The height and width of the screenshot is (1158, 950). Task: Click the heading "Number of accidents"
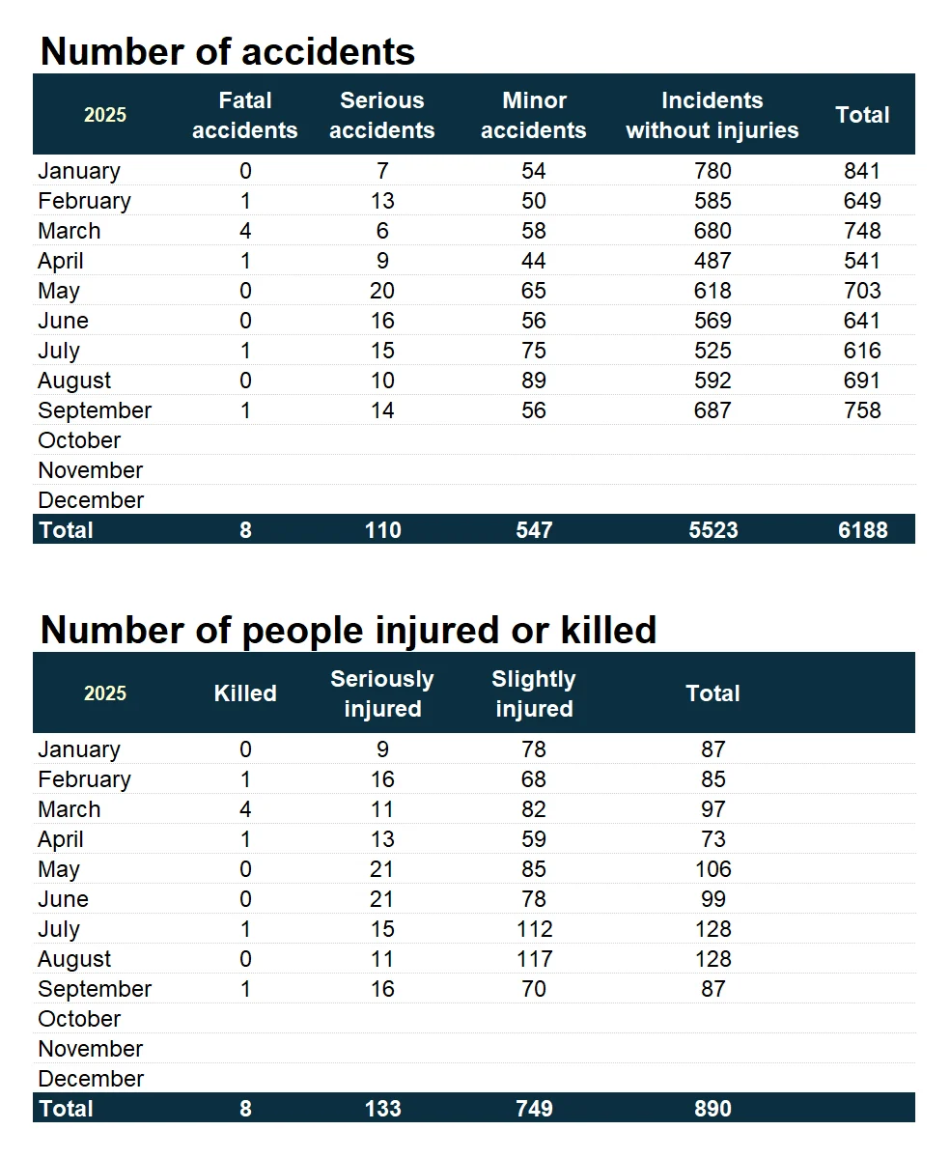coord(228,51)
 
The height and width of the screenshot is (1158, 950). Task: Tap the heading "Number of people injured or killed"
coord(349,630)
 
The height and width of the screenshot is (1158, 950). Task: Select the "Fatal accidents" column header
coord(245,115)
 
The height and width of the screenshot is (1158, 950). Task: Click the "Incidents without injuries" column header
coord(712,115)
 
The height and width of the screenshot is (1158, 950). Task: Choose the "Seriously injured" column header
coord(382,693)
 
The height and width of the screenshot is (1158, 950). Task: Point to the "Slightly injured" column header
coord(534,693)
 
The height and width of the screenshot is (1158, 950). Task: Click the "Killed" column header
coord(245,693)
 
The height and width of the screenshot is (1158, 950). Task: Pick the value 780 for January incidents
coord(712,171)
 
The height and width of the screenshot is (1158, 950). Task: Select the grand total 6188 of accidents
coord(862,529)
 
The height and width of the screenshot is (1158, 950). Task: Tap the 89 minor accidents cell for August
coord(534,381)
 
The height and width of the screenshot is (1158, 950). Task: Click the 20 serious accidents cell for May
coord(382,291)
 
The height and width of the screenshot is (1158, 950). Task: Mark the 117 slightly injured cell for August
coord(534,959)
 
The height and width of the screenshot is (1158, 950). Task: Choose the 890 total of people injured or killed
coord(712,1108)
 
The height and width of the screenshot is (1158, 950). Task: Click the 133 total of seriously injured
coord(382,1108)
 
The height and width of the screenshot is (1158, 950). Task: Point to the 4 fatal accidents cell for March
coord(245,231)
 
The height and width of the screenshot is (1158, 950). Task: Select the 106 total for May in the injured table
coord(712,869)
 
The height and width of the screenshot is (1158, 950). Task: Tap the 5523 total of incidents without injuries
coord(712,529)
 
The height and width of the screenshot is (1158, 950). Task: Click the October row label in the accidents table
coord(79,440)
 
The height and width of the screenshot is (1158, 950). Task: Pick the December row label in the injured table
coord(91,1079)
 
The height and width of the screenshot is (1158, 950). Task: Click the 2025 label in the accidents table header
coord(105,115)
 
